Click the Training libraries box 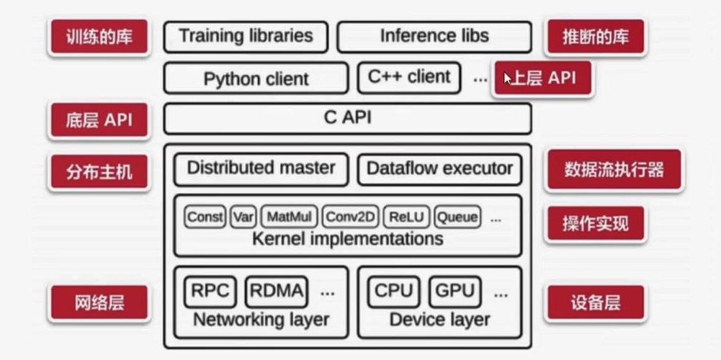tap(246, 36)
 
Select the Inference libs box tap(434, 36)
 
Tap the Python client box tap(256, 78)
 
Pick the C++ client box tap(409, 77)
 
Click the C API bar tap(347, 118)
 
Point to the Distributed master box tap(261, 168)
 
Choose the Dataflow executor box tap(439, 169)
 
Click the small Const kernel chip tap(205, 217)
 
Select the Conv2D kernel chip tap(351, 217)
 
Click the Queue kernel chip tap(457, 217)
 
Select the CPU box tap(393, 292)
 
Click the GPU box tap(455, 292)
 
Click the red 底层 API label tap(99, 120)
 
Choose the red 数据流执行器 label tap(613, 170)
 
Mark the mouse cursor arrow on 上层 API tap(508, 78)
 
